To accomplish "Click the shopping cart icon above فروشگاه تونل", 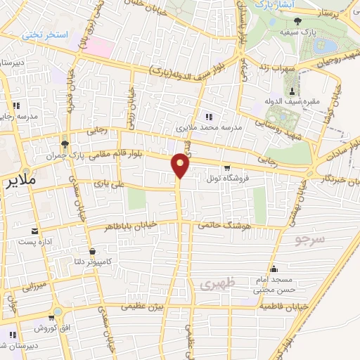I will coord(226,167).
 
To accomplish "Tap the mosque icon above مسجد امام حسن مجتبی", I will coord(274,269).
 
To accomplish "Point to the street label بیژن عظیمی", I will coord(144,307).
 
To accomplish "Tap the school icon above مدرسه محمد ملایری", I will coord(208,116).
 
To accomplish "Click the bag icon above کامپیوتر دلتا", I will coord(92,251).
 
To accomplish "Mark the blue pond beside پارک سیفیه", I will coord(328,48).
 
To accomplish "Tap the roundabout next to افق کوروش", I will coord(57,311).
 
